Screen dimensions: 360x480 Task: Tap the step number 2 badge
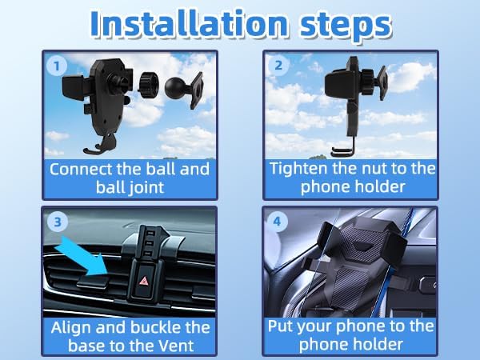278,66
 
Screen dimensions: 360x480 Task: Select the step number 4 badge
278,220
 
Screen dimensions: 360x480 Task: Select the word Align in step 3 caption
72,327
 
